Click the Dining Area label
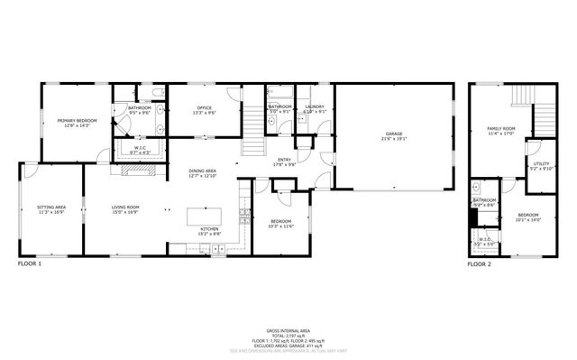pyautogui.click(x=202, y=171)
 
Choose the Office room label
pyautogui.click(x=205, y=108)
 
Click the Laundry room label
pyautogui.click(x=315, y=106)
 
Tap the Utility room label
pyautogui.click(x=540, y=163)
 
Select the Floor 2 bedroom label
pyautogui.click(x=527, y=215)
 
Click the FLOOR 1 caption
pyautogui.click(x=31, y=264)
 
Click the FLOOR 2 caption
pyautogui.click(x=479, y=264)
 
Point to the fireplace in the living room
pyautogui.click(x=131, y=168)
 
